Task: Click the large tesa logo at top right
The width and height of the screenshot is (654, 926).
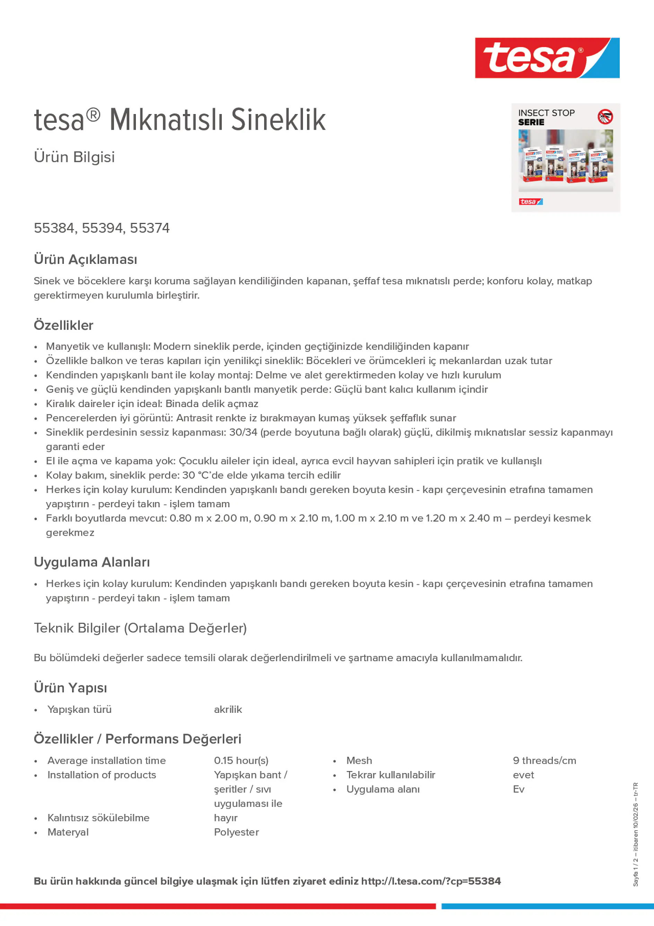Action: (547, 58)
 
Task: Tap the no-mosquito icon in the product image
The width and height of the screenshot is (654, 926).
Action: (605, 116)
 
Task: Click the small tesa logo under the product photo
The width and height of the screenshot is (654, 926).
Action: (530, 202)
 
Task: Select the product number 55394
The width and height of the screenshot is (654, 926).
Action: (102, 228)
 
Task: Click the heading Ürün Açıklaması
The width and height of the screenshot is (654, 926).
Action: (86, 259)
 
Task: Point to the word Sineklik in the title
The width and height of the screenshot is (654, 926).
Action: (278, 120)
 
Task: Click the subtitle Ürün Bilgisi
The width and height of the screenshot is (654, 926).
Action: (74, 157)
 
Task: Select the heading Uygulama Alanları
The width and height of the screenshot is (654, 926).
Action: (92, 562)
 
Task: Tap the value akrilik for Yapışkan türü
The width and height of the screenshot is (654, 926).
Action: (228, 709)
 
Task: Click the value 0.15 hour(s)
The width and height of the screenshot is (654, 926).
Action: (241, 761)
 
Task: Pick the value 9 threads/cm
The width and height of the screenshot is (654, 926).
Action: (544, 761)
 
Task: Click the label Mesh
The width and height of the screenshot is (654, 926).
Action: (359, 761)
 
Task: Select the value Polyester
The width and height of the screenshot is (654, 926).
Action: (236, 832)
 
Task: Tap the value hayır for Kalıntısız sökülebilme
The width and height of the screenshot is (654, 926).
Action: (226, 818)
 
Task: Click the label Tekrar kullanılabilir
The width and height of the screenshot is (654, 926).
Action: (391, 775)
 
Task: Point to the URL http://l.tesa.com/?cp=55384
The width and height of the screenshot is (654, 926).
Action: (430, 881)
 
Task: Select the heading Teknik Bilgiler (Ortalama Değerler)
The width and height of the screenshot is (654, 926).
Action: (140, 628)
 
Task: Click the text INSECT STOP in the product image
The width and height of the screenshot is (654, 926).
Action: (546, 113)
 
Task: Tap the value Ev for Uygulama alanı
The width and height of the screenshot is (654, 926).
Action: (518, 789)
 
